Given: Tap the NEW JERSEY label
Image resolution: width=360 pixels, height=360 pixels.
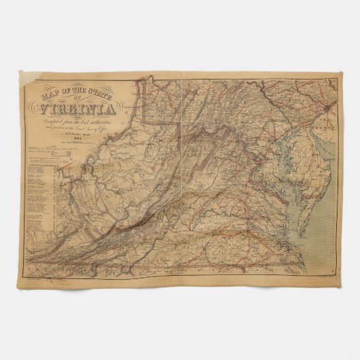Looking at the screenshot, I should coord(321,126).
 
